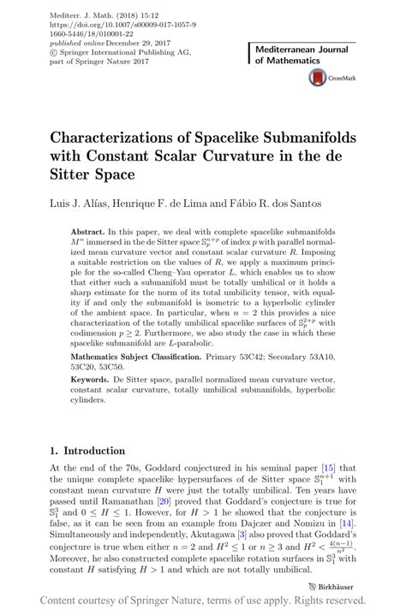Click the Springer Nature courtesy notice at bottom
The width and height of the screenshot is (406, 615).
pos(202,600)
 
